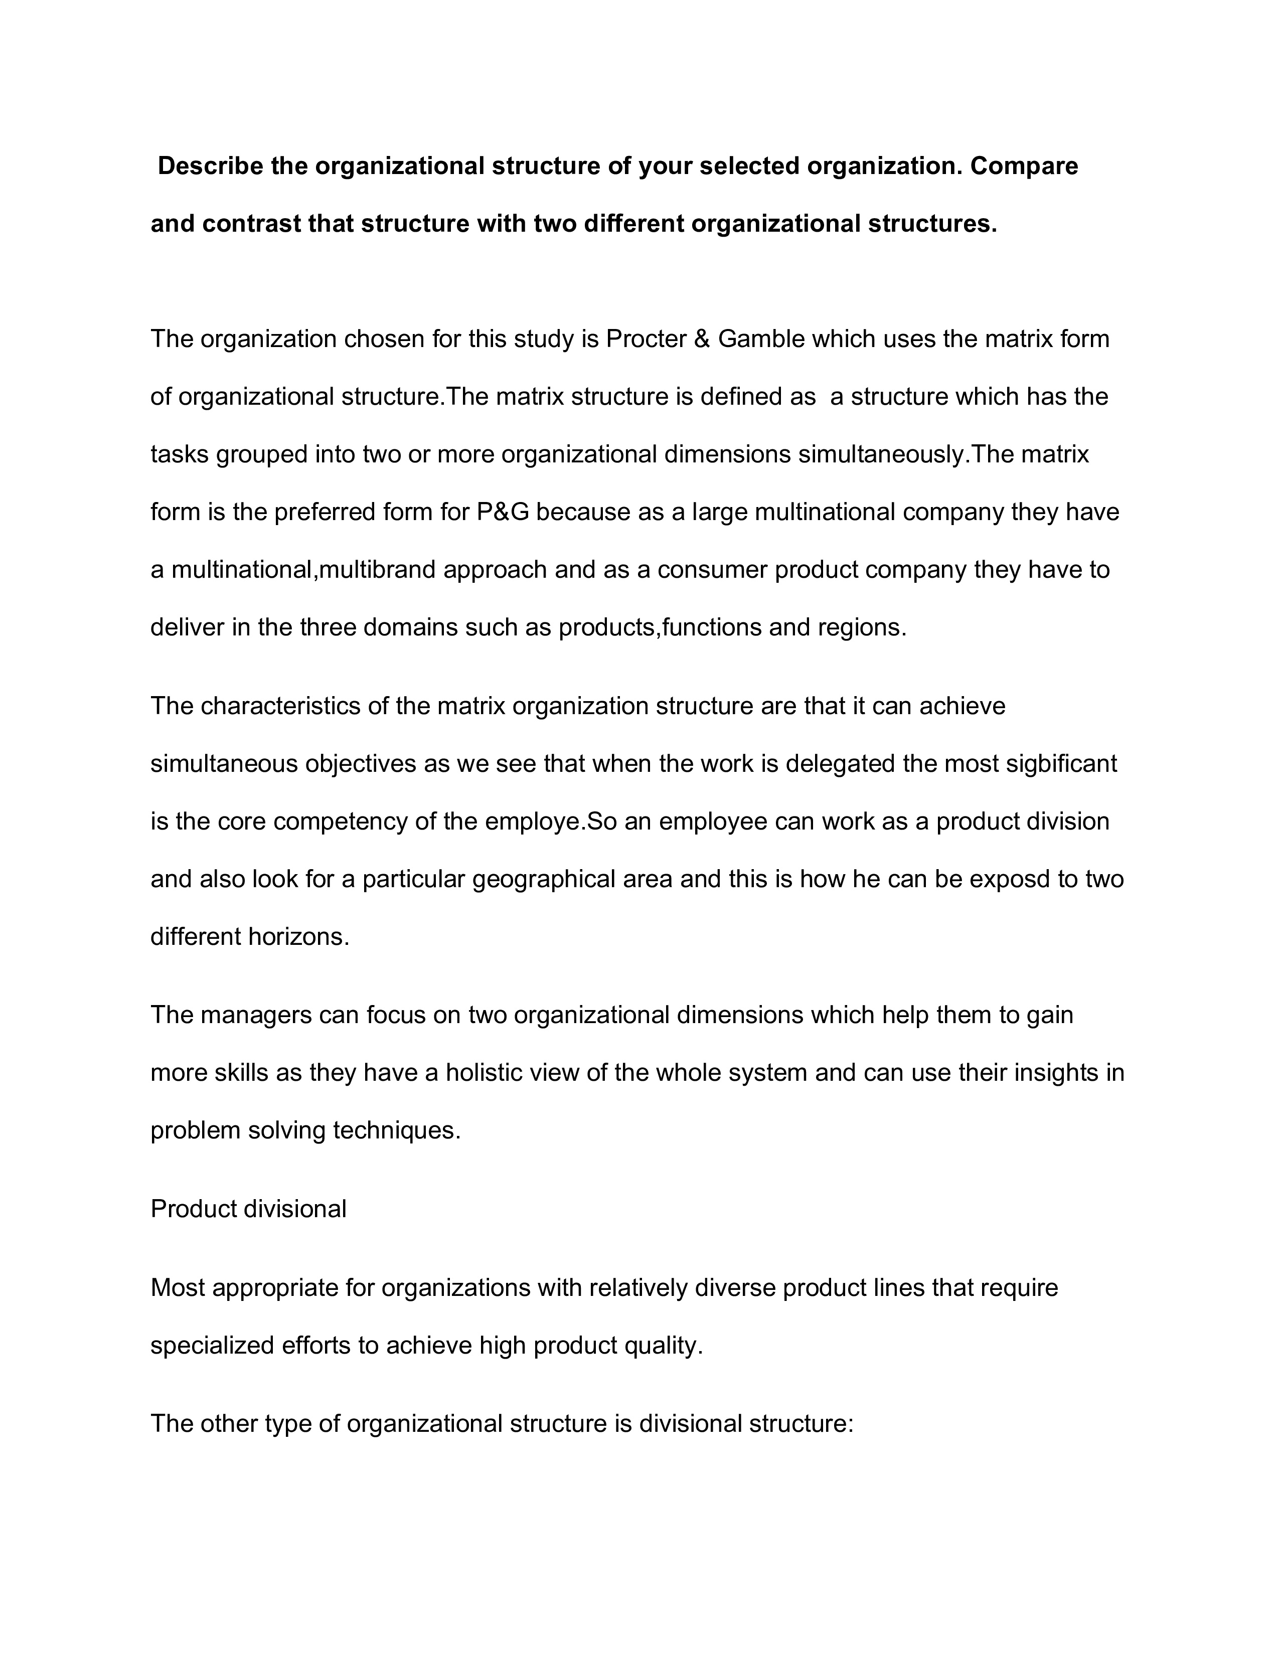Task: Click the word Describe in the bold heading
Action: [x=210, y=166]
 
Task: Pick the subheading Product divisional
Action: [x=248, y=1209]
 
